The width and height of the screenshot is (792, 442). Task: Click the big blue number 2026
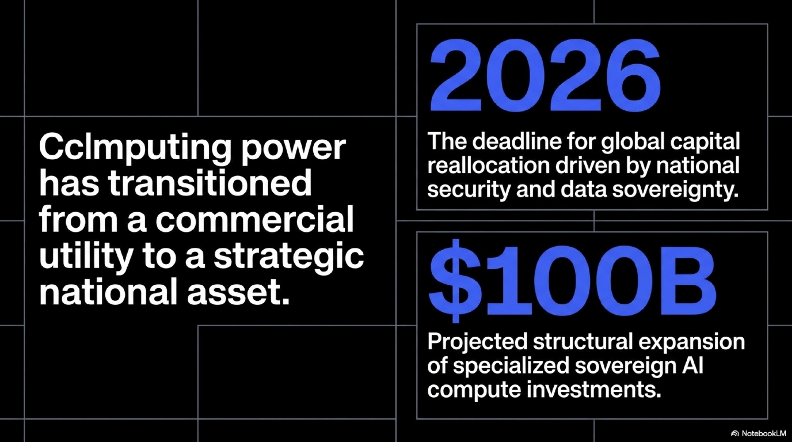click(x=545, y=75)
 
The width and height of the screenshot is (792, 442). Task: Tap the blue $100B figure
click(x=572, y=281)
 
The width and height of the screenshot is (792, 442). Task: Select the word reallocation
click(x=488, y=165)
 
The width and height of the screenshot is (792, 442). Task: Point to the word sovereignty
click(x=675, y=190)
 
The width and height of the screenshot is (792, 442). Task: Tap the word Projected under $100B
click(x=477, y=342)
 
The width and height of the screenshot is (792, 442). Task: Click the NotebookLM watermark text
click(x=763, y=434)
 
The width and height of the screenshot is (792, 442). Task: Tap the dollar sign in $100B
click(x=455, y=281)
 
